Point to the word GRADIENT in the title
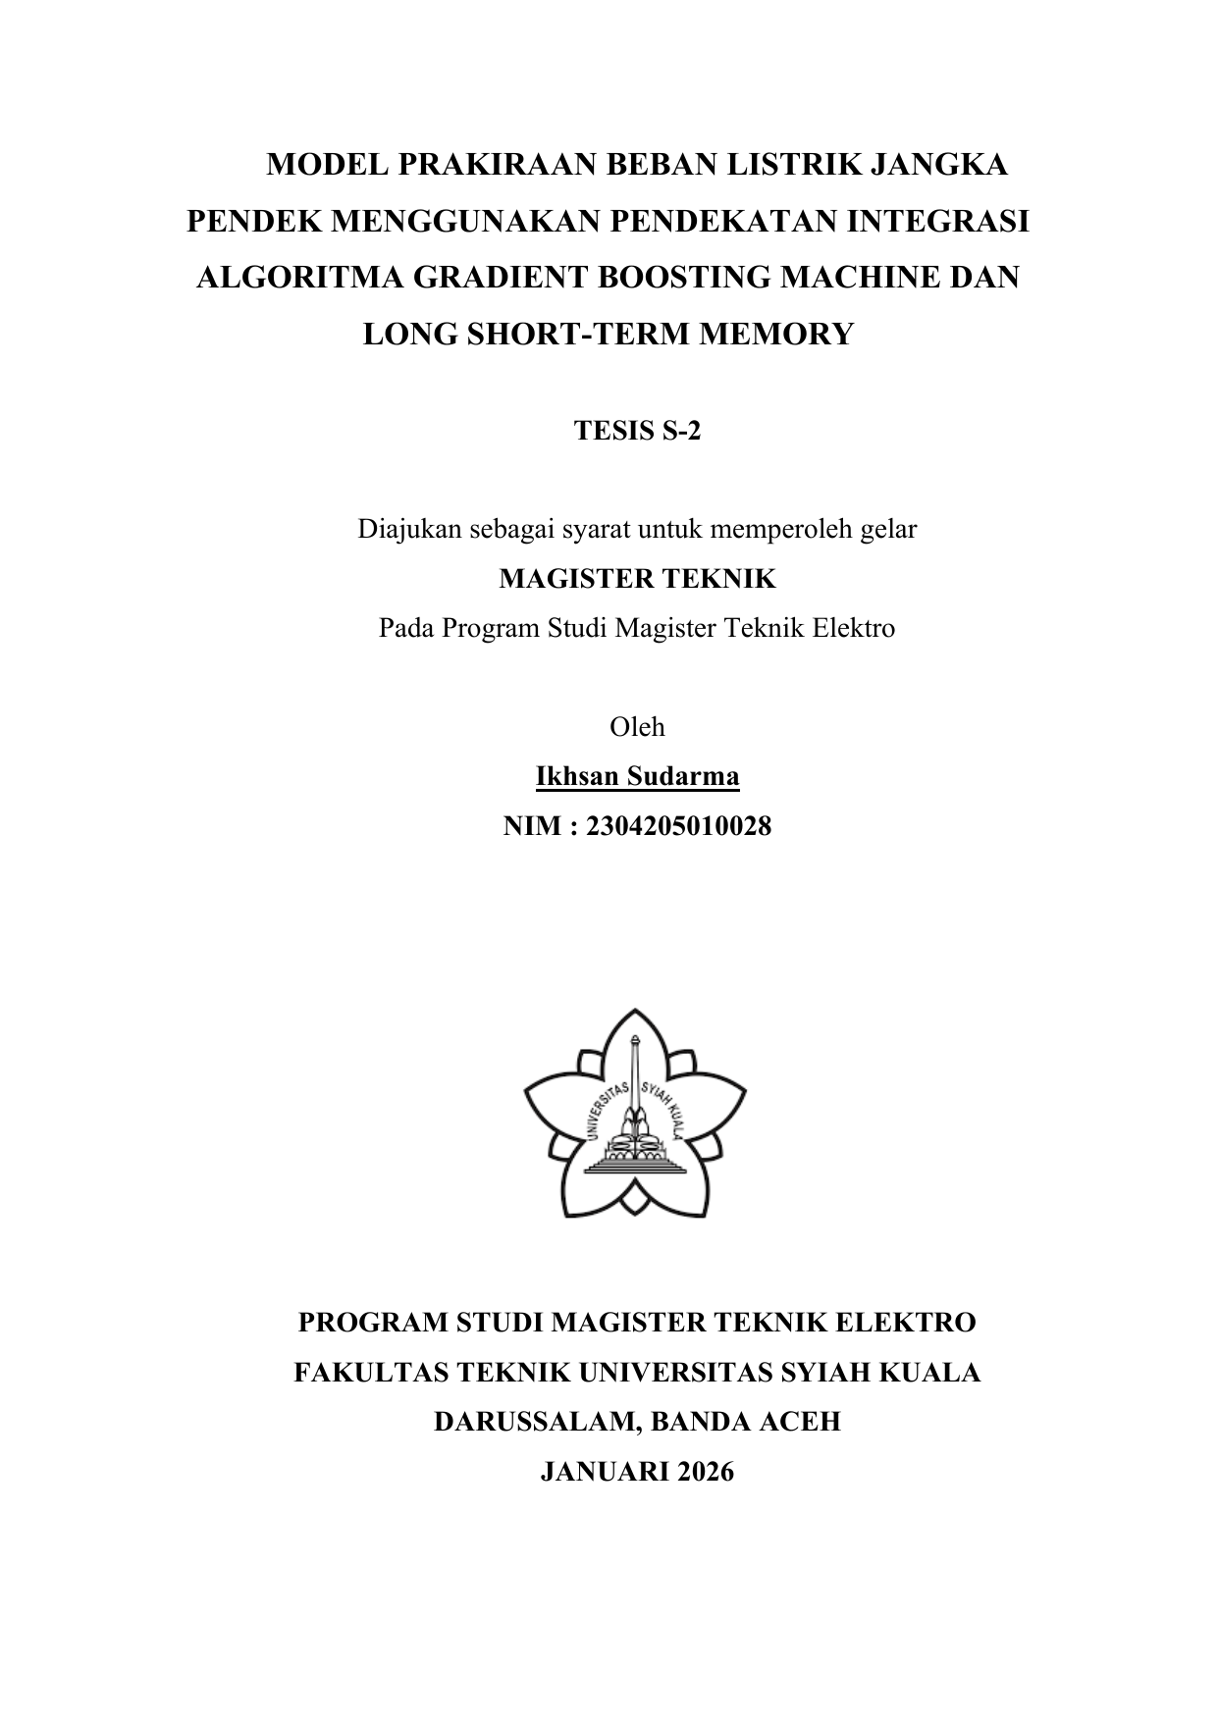click(494, 278)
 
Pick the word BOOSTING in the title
click(676, 278)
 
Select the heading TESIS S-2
click(637, 431)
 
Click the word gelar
click(888, 530)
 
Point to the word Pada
click(407, 628)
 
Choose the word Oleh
click(637, 727)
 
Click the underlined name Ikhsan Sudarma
click(637, 777)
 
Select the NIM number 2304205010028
click(678, 826)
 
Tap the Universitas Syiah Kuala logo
click(635, 1114)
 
